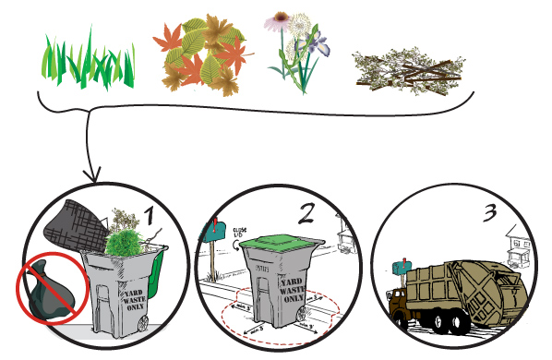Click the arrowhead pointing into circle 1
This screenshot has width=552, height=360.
pyautogui.click(x=90, y=175)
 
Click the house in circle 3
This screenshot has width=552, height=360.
pyautogui.click(x=512, y=247)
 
